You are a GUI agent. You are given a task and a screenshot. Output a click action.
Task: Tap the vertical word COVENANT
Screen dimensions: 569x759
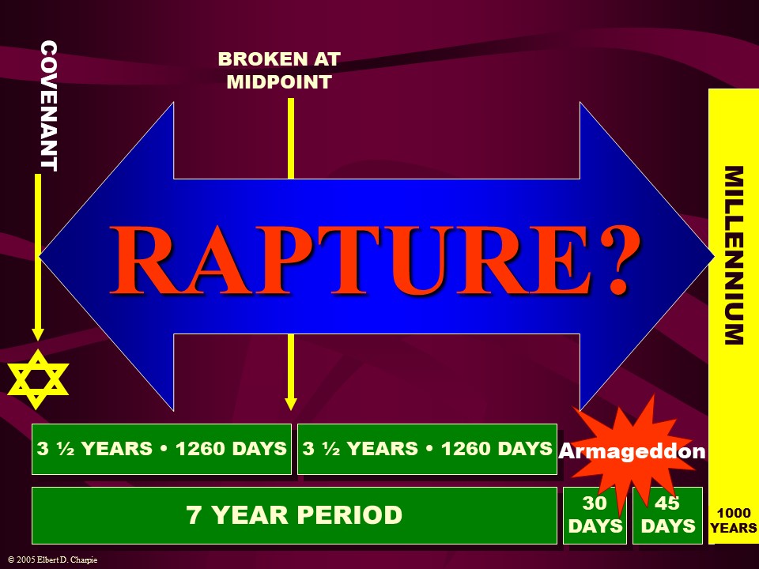pyautogui.click(x=49, y=106)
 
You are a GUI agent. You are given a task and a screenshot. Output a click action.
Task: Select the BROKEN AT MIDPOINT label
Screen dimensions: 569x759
pyautogui.click(x=279, y=70)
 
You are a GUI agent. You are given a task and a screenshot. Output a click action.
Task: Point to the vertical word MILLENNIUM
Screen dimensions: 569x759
pyautogui.click(x=734, y=255)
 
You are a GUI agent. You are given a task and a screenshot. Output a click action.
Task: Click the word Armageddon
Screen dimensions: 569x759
pyautogui.click(x=632, y=451)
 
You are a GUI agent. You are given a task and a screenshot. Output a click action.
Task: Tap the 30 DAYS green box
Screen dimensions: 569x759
pyautogui.click(x=595, y=515)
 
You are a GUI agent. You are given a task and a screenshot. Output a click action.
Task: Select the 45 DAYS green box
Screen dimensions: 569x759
pyautogui.click(x=667, y=515)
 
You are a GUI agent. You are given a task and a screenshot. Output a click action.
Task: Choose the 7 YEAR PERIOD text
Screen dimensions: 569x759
pyautogui.click(x=294, y=515)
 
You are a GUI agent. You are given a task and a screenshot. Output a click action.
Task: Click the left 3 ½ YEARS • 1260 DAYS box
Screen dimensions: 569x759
pyautogui.click(x=161, y=449)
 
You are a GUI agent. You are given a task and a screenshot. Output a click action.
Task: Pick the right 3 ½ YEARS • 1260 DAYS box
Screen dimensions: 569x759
pyautogui.click(x=427, y=449)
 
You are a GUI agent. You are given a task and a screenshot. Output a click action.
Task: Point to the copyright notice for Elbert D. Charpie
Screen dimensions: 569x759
pyautogui.click(x=53, y=560)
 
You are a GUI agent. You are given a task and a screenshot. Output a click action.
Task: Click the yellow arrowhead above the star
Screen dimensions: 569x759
pyautogui.click(x=37, y=333)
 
